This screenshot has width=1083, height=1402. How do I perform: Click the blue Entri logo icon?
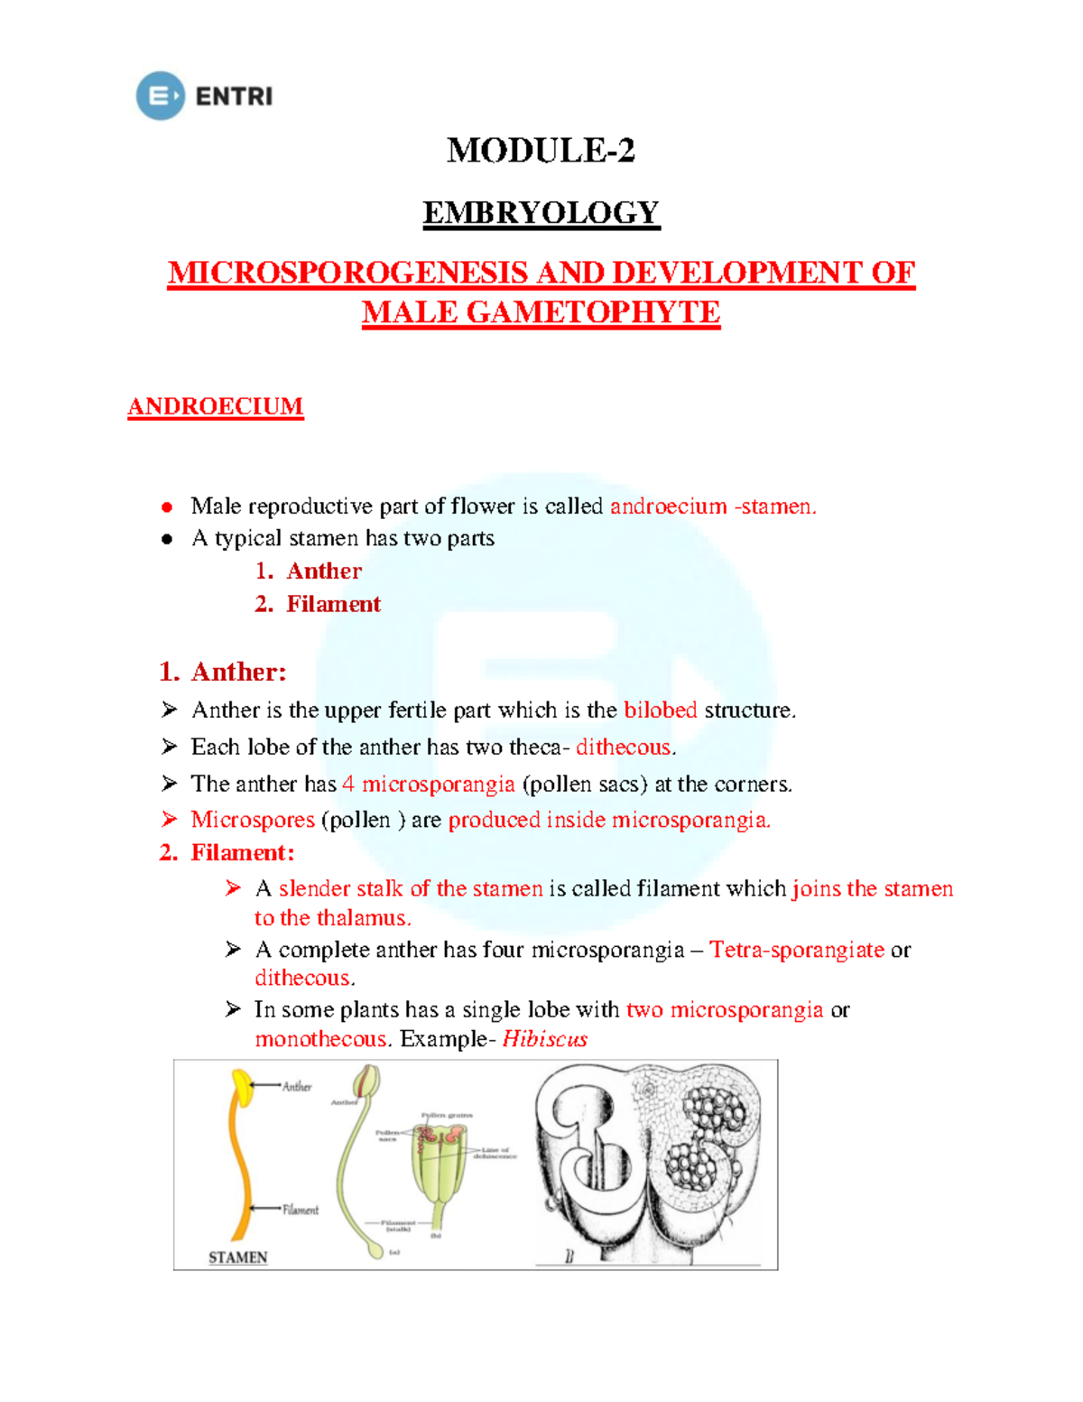click(160, 96)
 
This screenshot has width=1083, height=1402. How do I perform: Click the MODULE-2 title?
click(541, 150)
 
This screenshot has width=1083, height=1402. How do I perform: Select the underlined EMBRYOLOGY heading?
click(541, 213)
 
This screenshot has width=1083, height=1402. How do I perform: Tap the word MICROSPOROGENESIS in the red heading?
click(347, 273)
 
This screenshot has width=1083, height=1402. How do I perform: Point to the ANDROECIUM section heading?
click(215, 406)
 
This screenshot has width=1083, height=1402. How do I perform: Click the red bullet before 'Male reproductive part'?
click(167, 507)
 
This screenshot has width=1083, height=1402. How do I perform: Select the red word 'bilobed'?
click(660, 710)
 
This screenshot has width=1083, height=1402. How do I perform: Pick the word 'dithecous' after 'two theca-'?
click(624, 747)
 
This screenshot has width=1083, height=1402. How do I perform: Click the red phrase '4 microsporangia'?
click(428, 785)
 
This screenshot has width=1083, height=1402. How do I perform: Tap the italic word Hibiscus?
click(544, 1039)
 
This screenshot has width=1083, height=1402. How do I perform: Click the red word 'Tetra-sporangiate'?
click(796, 950)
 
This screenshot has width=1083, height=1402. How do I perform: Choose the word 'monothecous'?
click(320, 1039)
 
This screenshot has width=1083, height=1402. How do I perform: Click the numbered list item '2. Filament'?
click(318, 604)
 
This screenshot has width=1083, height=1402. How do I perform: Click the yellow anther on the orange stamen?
click(242, 1085)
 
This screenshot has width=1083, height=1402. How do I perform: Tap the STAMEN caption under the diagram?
click(237, 1257)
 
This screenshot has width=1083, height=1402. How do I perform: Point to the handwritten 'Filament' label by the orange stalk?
click(301, 1210)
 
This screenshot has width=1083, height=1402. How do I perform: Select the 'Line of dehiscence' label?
click(495, 1153)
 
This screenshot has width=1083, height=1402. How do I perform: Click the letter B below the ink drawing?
click(569, 1256)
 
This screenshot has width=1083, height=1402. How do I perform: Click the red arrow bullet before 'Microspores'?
click(169, 819)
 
